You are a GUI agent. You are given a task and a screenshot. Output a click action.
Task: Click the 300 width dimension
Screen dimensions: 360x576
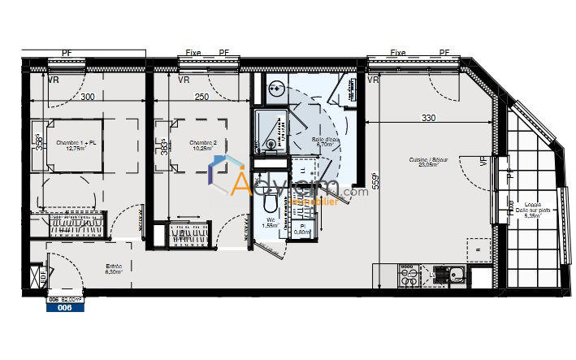coord(88,97)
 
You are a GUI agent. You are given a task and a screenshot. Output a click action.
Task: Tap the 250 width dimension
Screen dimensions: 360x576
coord(201,97)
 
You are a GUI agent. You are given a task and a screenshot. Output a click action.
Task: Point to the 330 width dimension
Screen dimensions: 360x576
coord(428,118)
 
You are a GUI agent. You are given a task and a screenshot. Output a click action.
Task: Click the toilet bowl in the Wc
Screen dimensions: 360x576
coord(269,198)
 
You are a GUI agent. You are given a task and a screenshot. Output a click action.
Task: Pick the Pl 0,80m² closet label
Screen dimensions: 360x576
coord(302,229)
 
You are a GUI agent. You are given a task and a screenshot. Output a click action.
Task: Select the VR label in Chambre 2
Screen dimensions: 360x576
coord(184,80)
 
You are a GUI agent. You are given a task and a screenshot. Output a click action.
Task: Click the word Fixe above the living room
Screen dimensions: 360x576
coord(397,53)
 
